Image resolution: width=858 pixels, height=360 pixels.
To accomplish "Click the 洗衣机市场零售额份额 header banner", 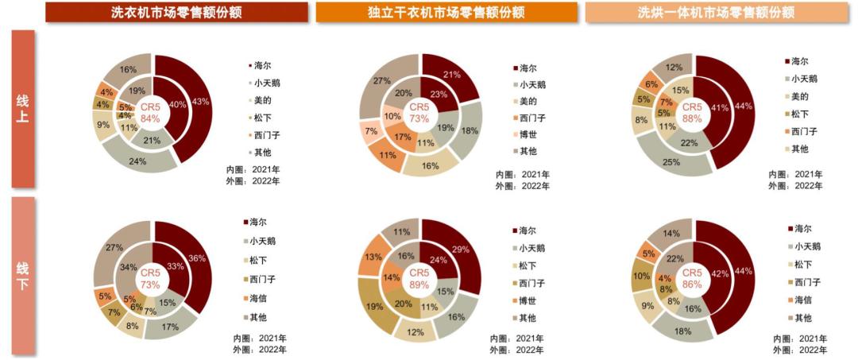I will (x=176, y=12).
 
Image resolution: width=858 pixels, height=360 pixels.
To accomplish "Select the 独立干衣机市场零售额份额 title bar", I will (x=446, y=12).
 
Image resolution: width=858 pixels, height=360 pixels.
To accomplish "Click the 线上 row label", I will (x=22, y=110).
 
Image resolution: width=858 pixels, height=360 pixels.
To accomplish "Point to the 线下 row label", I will (x=22, y=274).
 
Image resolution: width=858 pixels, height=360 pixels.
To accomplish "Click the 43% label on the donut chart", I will (x=200, y=101).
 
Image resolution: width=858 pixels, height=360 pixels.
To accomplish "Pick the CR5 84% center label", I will (x=150, y=112).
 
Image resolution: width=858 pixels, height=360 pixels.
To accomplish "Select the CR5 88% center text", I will (x=692, y=112).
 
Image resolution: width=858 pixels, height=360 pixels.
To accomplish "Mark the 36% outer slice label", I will (x=198, y=258).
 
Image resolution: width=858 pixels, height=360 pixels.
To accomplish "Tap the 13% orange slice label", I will (x=373, y=257).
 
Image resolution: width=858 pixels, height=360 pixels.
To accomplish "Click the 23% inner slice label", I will (x=438, y=94).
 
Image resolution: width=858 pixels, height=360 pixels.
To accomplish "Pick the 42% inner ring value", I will (x=719, y=274).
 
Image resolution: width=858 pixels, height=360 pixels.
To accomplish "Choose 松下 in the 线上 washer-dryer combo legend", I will (x=798, y=114).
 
